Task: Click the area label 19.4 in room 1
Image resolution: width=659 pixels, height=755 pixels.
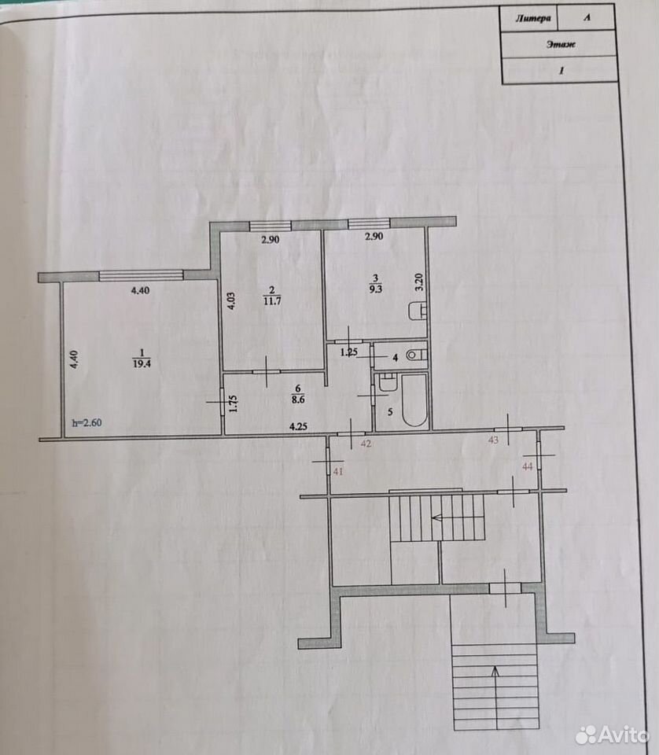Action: point(142,364)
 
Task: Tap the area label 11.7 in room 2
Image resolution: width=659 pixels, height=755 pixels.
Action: point(272,301)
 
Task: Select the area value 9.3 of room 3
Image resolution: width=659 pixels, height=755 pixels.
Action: point(375,289)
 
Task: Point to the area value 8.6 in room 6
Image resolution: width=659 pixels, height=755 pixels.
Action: point(297,400)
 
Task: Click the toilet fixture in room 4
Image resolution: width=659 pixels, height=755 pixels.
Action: point(415,355)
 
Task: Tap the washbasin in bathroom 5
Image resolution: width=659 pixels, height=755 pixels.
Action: point(387,383)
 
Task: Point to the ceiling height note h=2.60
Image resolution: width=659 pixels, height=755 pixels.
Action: point(87,423)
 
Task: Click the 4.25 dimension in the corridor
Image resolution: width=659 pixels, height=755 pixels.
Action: point(298,426)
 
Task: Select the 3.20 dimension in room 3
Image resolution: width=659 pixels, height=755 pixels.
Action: point(419,282)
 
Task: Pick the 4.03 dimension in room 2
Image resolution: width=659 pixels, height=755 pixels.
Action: point(230,300)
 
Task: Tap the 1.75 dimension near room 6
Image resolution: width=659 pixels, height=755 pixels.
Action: point(234,403)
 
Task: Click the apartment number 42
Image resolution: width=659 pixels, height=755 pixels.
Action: point(366,444)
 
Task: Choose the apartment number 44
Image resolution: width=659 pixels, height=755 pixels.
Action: point(528,466)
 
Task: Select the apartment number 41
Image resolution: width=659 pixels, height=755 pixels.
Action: point(338,471)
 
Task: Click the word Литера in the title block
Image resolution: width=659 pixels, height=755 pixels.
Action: point(533,19)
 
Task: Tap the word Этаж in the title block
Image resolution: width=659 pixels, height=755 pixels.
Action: point(561,44)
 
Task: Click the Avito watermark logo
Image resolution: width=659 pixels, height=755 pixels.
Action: point(612,735)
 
